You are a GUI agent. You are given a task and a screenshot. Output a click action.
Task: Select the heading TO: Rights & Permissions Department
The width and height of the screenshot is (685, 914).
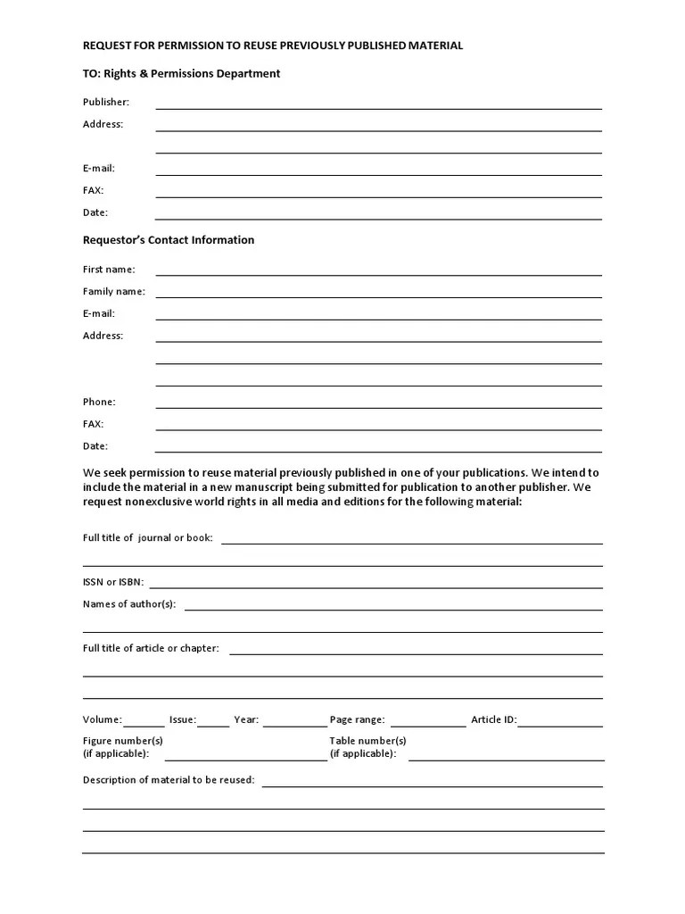tap(181, 73)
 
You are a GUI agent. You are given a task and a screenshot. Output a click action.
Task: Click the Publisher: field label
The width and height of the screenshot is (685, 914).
tap(106, 103)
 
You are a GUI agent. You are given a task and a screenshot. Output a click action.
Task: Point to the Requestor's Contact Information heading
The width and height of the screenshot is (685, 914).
tap(169, 240)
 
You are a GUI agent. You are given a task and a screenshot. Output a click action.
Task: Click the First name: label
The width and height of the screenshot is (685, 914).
tap(109, 270)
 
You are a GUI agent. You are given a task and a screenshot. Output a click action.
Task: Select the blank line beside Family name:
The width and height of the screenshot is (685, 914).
tap(378, 295)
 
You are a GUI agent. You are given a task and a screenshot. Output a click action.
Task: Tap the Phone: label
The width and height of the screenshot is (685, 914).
tap(99, 403)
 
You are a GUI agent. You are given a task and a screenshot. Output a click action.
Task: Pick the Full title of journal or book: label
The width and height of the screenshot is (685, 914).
tap(148, 538)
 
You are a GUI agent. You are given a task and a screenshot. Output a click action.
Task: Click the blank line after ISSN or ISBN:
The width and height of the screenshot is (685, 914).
tap(375, 586)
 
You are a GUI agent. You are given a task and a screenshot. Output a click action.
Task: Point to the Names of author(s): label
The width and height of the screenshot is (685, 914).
tap(129, 604)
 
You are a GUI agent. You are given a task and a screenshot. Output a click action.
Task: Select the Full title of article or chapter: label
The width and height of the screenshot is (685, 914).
tap(151, 648)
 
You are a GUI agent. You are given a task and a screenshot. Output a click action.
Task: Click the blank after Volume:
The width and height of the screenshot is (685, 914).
tap(144, 724)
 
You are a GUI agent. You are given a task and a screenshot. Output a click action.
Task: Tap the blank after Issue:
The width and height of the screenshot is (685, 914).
tap(213, 724)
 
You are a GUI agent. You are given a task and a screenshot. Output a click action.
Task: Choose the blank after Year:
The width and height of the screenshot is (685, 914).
tap(294, 724)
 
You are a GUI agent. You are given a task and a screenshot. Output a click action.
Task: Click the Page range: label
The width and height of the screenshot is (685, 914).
tap(357, 719)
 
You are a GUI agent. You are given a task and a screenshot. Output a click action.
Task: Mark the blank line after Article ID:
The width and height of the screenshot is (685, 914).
tap(560, 724)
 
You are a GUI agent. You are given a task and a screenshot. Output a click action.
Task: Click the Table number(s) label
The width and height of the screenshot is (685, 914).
tap(367, 741)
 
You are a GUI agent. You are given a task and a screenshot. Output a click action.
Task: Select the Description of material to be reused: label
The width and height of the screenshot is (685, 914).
tap(169, 780)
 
